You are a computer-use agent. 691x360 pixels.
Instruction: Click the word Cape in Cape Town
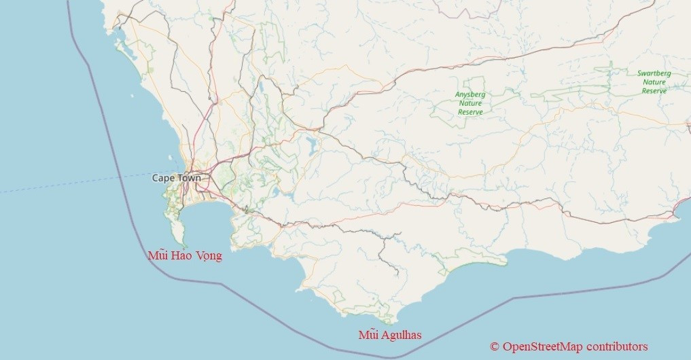(162, 178)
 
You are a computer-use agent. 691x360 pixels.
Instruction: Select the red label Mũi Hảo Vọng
(185, 256)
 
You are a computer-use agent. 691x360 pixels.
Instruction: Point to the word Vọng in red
(208, 256)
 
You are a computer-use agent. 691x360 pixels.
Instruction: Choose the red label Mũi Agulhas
(390, 335)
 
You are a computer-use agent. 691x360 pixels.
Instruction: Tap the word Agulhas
(401, 335)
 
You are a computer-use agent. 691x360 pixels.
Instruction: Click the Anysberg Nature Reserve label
(470, 103)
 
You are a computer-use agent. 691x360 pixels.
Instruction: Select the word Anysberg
(470, 94)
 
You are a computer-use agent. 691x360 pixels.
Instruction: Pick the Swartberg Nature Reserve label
(654, 82)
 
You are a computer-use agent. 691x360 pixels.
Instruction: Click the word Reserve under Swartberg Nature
(654, 90)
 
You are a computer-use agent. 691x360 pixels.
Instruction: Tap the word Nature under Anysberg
(470, 103)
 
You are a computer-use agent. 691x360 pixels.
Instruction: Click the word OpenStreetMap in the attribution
(543, 346)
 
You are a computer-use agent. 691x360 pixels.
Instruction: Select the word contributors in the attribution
(617, 346)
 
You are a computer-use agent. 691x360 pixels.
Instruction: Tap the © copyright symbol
(495, 346)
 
